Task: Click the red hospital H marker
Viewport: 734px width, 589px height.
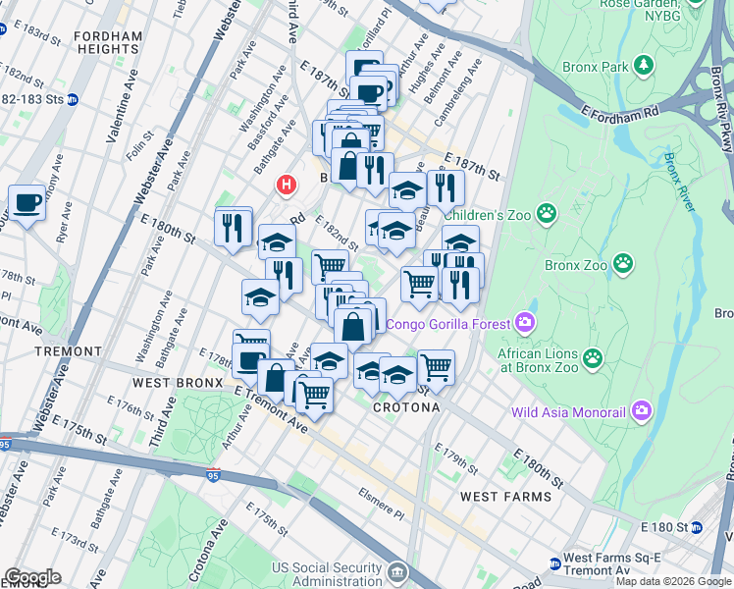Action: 287,184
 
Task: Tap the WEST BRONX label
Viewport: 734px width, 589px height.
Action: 175,382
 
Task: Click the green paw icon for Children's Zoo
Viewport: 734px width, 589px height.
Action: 546,212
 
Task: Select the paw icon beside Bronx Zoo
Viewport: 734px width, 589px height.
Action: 622,263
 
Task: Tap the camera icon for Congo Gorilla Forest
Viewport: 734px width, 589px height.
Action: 525,323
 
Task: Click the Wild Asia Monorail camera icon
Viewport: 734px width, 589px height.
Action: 642,409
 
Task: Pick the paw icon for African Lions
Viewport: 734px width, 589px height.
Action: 592,358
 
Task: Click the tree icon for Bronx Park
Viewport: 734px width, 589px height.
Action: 643,66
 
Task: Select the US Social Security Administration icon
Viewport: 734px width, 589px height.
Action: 398,572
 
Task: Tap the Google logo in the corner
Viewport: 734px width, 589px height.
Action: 32,577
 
